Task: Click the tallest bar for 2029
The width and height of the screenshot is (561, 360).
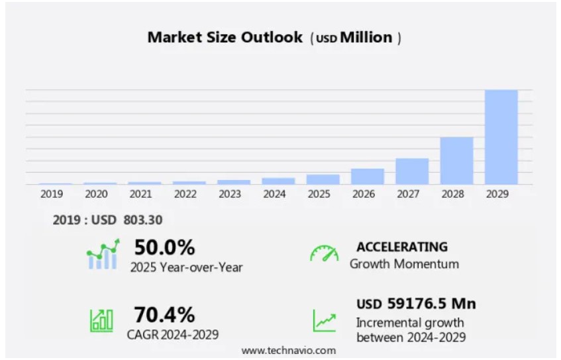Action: pyautogui.click(x=501, y=137)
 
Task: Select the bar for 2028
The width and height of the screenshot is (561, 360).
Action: pyautogui.click(x=456, y=161)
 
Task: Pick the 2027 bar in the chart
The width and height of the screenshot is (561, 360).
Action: pyautogui.click(x=412, y=171)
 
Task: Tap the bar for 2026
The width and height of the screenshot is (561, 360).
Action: pyautogui.click(x=368, y=177)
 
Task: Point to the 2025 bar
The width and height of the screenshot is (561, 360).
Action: pyautogui.click(x=323, y=179)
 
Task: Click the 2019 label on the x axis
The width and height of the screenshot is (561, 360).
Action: pyautogui.click(x=52, y=194)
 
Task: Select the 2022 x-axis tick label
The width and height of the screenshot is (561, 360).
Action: pyautogui.click(x=185, y=194)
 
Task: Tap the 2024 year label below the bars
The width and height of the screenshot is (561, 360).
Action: pyautogui.click(x=274, y=194)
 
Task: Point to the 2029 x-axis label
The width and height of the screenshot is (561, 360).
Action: pyautogui.click(x=497, y=194)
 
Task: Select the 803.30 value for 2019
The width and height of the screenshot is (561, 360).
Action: pyautogui.click(x=143, y=220)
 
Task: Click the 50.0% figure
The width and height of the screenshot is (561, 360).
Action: pyautogui.click(x=165, y=248)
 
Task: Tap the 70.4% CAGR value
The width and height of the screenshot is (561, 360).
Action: pyautogui.click(x=164, y=314)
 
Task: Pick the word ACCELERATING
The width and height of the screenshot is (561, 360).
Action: pyautogui.click(x=402, y=247)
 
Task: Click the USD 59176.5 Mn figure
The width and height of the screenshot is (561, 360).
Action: pyautogui.click(x=416, y=304)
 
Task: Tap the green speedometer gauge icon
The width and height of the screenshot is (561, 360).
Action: pyautogui.click(x=324, y=253)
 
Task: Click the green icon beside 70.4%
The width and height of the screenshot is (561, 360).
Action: pyautogui.click(x=101, y=320)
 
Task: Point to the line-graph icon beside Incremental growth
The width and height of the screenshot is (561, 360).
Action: pyautogui.click(x=325, y=321)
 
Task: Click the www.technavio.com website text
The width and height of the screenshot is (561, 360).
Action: pyautogui.click(x=288, y=350)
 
